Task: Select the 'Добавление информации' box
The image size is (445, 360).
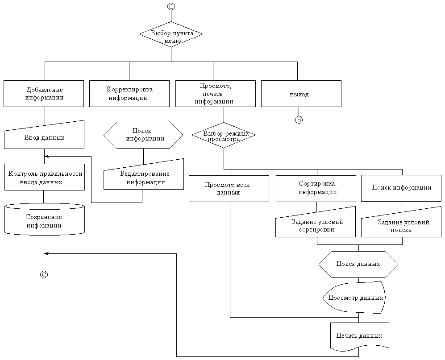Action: click(44, 94)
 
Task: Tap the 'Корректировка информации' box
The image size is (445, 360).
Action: click(129, 94)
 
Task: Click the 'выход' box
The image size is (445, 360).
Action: click(301, 94)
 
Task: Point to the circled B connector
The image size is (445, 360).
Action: click(299, 120)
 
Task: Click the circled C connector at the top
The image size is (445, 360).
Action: click(171, 6)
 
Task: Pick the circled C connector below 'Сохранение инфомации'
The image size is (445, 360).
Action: click(44, 274)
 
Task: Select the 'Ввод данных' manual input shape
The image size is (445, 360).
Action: click(44, 136)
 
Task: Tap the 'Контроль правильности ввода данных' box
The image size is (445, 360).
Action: click(45, 178)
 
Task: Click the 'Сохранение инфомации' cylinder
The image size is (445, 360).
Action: click(44, 220)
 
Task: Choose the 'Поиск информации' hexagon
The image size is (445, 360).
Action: click(143, 134)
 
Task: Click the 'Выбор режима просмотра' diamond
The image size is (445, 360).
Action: click(223, 135)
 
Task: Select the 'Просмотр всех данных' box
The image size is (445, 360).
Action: click(229, 189)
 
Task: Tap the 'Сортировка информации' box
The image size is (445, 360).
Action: click(317, 188)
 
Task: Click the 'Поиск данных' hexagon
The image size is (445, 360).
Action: click(358, 264)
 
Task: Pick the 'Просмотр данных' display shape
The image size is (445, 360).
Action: click(354, 297)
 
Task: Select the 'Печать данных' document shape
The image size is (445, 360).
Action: click(359, 335)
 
